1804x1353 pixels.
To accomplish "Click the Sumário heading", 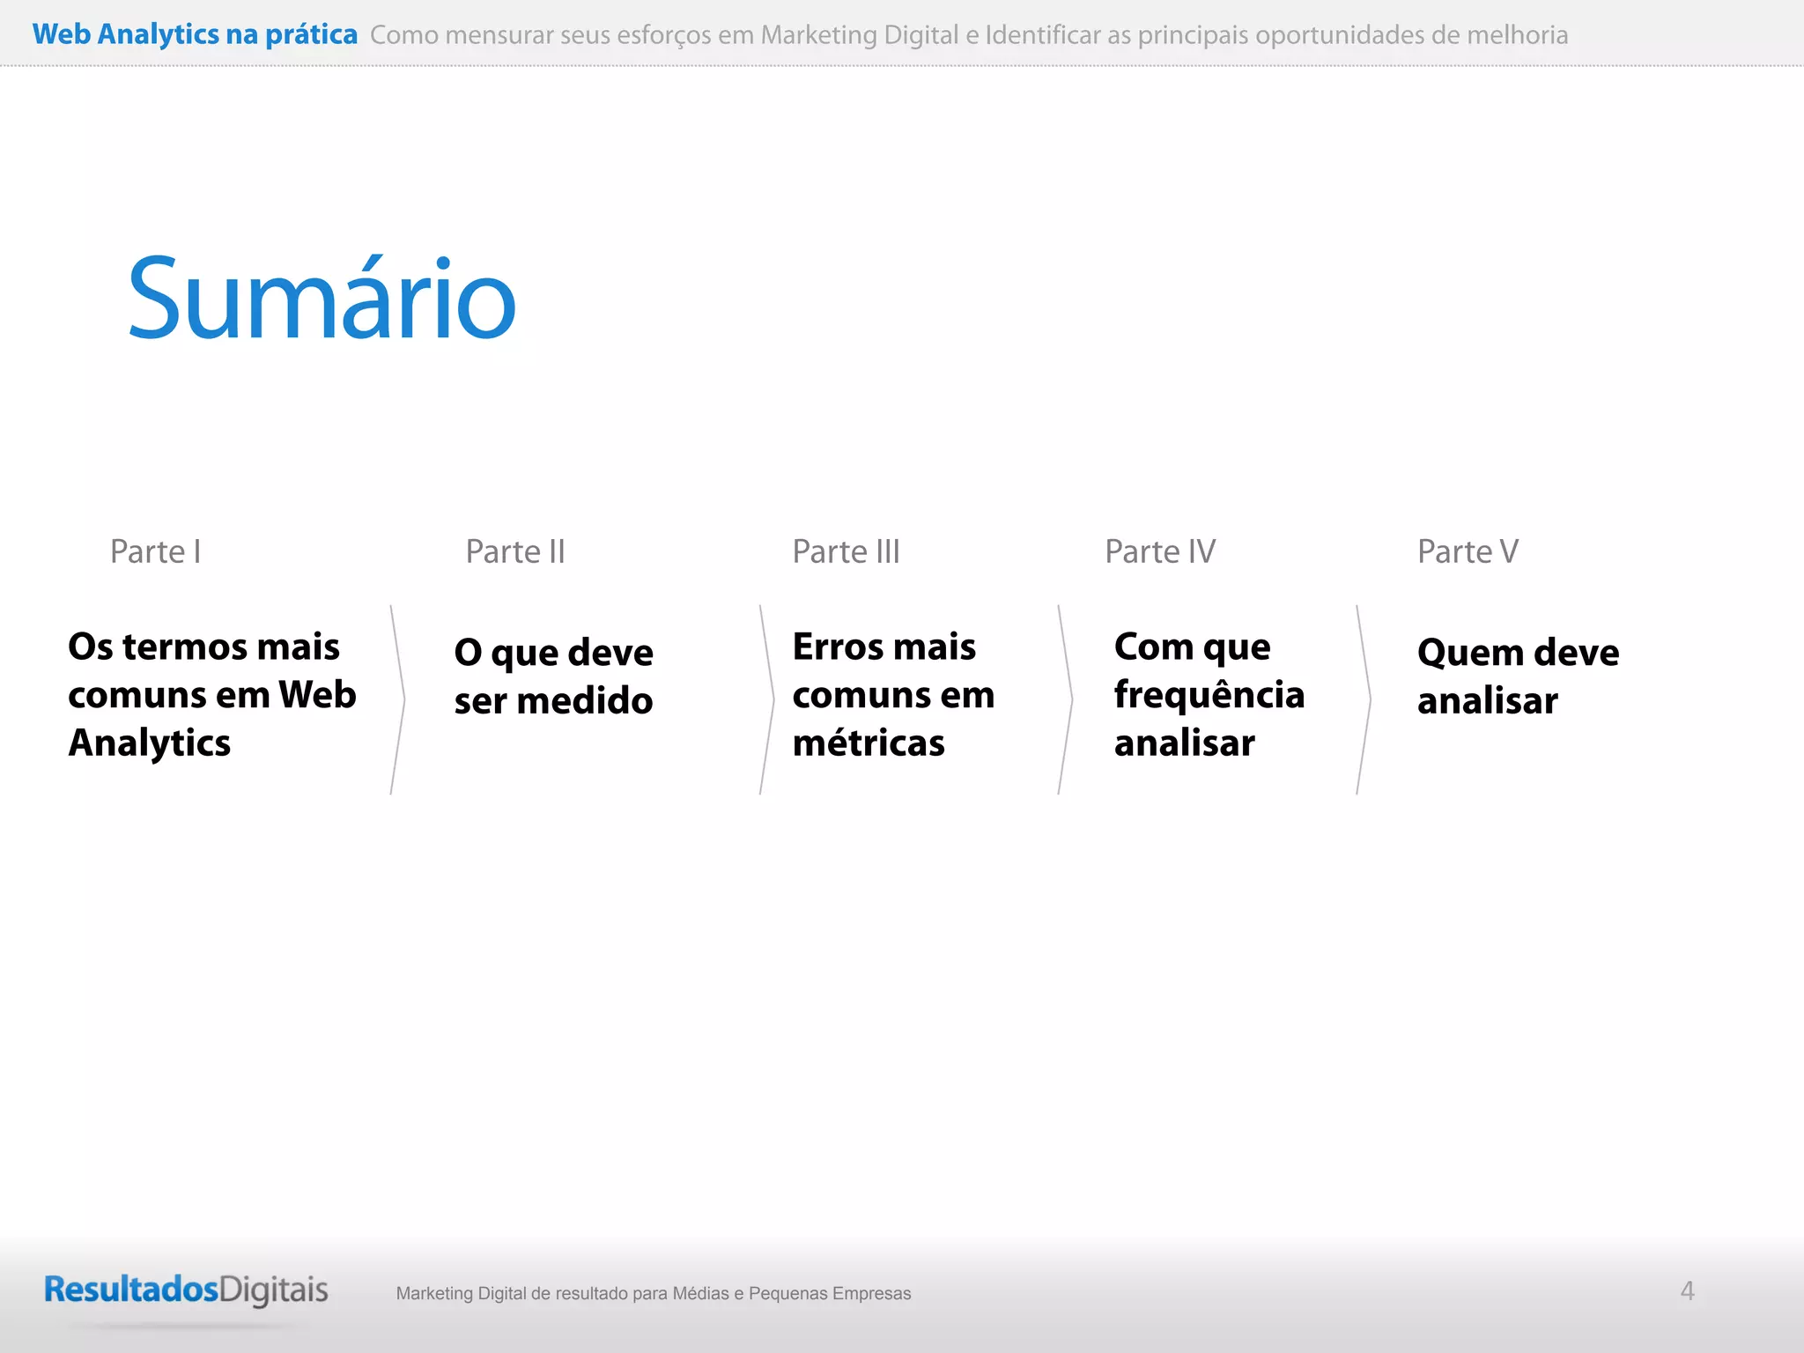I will pos(322,299).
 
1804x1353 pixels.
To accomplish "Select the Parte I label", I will pos(156,551).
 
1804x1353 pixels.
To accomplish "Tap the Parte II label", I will pos(515,551).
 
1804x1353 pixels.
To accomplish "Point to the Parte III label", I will pos(846,551).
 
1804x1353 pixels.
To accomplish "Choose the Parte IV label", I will pos(1160,551).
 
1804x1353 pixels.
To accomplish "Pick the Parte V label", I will pos(1468,551).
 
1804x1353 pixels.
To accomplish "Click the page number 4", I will pos(1687,1291).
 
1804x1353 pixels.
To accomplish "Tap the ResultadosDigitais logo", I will pos(186,1290).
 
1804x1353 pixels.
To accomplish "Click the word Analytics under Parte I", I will pos(150,743).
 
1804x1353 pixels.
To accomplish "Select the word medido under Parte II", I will pos(585,701).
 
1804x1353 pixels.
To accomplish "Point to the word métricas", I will pos(869,743).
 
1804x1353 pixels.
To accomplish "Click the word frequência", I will pos(1209,695).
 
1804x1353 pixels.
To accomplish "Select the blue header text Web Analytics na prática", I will pos(195,34).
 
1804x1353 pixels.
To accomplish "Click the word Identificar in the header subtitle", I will pos(1043,35).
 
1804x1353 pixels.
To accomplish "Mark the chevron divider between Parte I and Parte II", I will pos(398,700).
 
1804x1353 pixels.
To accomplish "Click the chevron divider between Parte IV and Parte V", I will pos(1364,700).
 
